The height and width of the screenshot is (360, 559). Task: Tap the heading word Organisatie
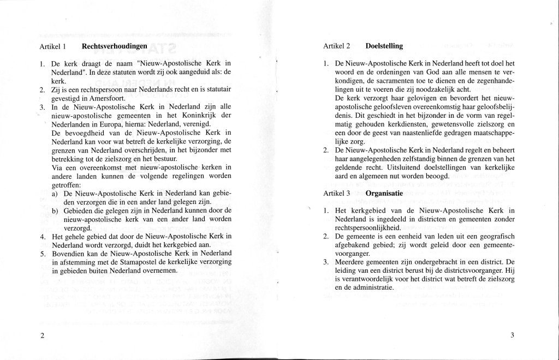tap(384, 193)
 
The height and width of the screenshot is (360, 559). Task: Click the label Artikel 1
tap(53, 47)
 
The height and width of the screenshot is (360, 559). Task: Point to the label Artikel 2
tap(336, 47)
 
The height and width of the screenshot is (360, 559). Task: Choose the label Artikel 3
tap(336, 194)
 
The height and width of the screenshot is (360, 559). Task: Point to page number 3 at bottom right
tap(513, 335)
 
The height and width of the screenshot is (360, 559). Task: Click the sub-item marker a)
tap(56, 194)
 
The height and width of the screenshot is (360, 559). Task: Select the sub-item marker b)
tap(56, 211)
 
